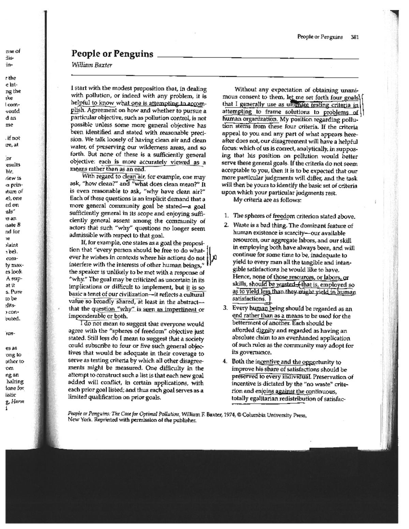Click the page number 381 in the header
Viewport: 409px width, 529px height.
(355, 37)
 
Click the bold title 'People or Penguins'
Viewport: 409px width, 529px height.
(112, 54)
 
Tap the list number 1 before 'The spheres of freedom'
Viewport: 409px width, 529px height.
(226, 216)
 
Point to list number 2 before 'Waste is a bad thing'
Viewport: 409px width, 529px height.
(226, 225)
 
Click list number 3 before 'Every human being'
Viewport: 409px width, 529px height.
(226, 308)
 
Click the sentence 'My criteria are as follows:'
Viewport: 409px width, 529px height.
(267, 200)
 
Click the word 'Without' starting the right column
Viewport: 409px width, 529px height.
(246, 90)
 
